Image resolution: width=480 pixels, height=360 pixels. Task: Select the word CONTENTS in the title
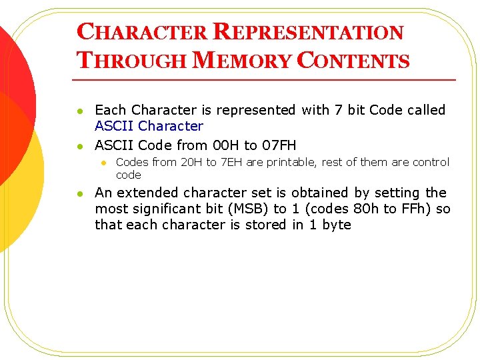[353, 61]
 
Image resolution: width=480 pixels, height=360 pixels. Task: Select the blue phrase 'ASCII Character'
[149, 126]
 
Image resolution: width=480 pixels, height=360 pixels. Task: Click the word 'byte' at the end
[336, 225]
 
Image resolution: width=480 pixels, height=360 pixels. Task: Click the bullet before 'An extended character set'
[80, 193]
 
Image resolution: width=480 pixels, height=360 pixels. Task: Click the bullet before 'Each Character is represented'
[80, 111]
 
